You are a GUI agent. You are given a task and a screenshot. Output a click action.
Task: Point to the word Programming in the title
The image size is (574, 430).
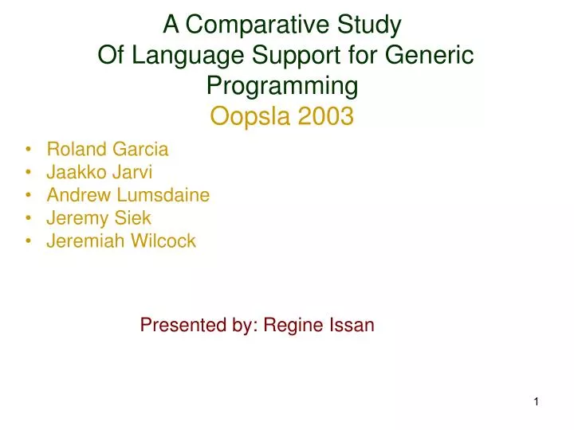(282, 86)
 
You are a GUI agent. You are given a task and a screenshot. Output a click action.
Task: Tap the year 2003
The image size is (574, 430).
(325, 116)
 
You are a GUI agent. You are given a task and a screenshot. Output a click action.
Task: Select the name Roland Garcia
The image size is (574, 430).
(108, 149)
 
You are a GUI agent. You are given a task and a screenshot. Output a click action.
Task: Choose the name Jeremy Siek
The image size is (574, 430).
(99, 218)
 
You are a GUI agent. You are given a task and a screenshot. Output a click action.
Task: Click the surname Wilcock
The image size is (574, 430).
(163, 241)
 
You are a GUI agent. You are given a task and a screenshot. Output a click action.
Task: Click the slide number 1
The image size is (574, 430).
(537, 402)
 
